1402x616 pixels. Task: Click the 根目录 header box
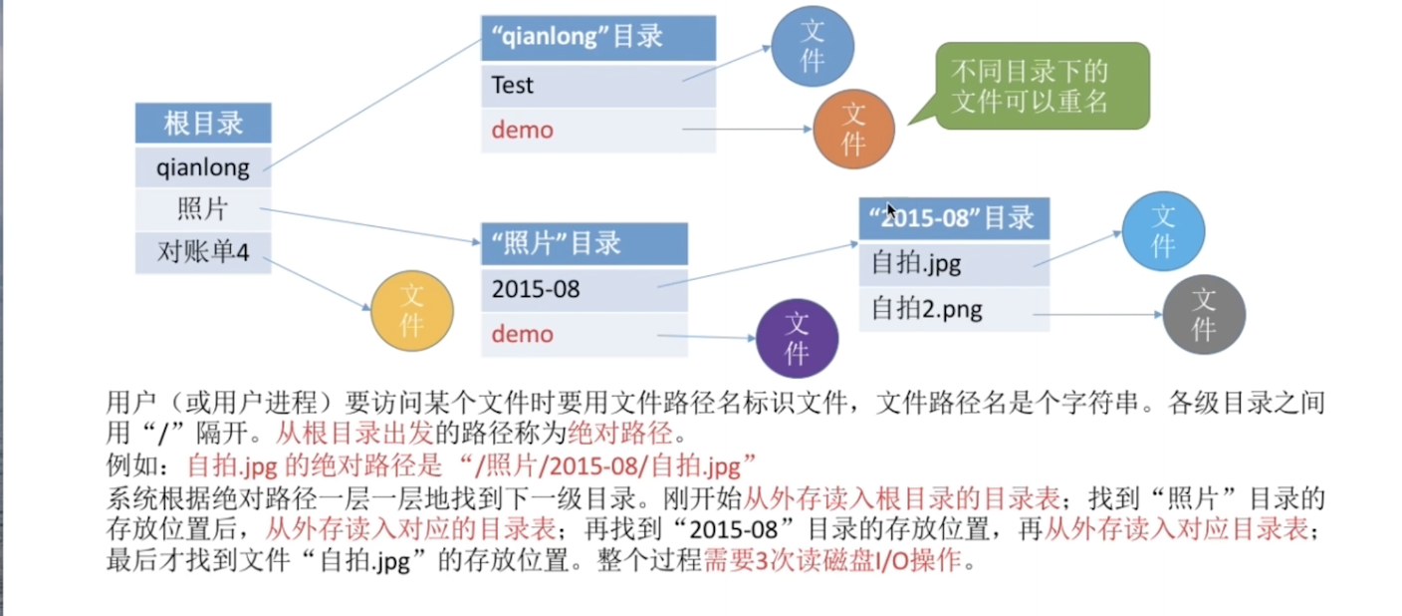[x=203, y=123]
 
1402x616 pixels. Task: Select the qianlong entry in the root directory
[x=203, y=167]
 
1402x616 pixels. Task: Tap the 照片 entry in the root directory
[x=203, y=209]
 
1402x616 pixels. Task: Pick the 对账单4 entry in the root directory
[x=203, y=252]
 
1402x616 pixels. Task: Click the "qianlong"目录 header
[x=598, y=38]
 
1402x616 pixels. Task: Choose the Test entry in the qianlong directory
[x=598, y=86]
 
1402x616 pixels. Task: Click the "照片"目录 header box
[x=584, y=243]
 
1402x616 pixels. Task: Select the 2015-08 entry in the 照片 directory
[x=584, y=289]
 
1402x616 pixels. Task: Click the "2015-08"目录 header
[x=954, y=218]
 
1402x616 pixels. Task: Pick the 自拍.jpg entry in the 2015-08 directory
[x=954, y=264]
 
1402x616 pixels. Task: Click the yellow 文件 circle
[x=412, y=311]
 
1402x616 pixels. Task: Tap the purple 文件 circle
[x=797, y=338]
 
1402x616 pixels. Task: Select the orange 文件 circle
[x=853, y=130]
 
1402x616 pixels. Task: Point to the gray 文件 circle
[x=1204, y=315]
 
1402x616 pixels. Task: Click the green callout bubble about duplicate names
[x=1043, y=86]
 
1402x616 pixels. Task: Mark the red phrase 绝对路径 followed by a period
[x=620, y=433]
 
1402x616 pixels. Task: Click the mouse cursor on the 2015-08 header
[x=891, y=210]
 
